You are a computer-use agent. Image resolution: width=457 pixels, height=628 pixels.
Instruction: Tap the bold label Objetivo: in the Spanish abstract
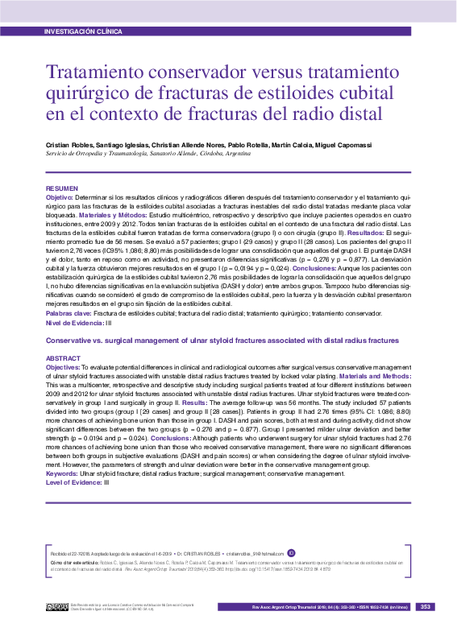click(59, 196)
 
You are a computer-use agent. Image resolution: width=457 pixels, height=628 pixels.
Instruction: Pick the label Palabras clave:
click(69, 313)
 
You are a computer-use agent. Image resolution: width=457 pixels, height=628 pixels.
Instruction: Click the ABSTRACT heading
click(63, 357)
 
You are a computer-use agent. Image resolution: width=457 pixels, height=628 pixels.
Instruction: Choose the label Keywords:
click(62, 473)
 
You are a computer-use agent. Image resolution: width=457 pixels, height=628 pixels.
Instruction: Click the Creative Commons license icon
click(57, 606)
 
